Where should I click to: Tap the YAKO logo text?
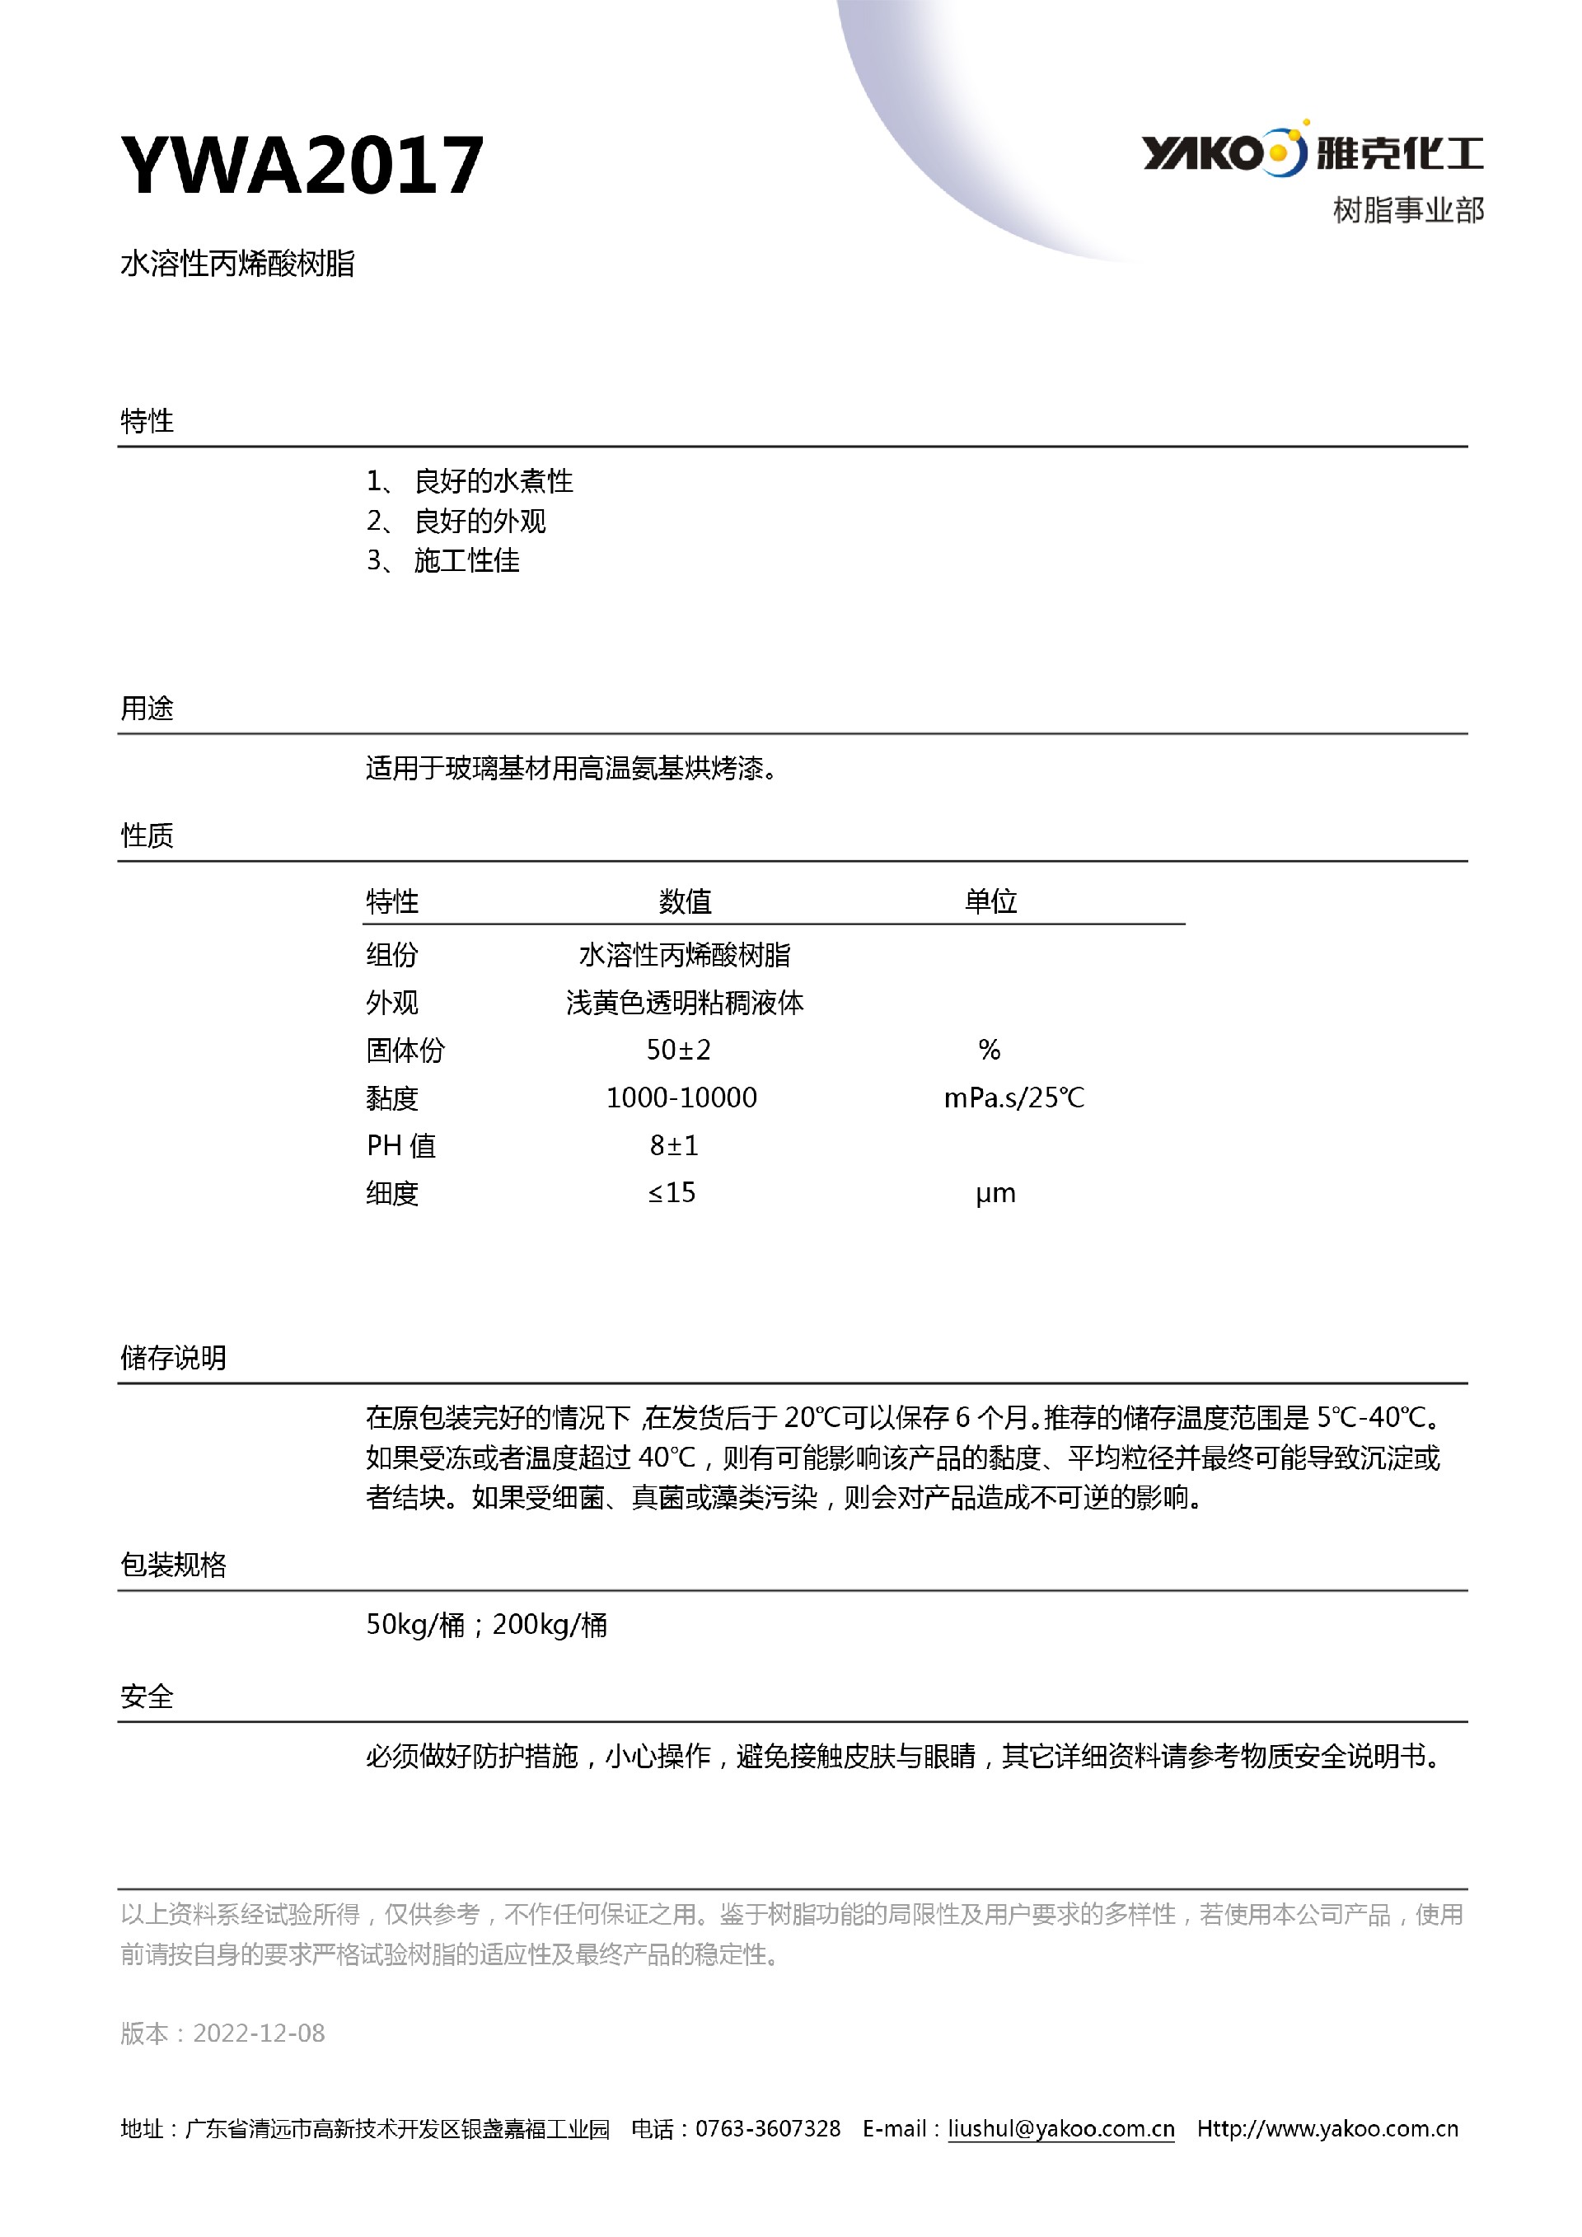(x=1202, y=153)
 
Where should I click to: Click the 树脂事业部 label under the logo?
(x=1407, y=209)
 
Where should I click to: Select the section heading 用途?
(x=147, y=709)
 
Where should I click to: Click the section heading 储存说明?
(x=173, y=1357)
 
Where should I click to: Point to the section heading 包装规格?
(x=173, y=1565)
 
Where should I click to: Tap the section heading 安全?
(x=147, y=1696)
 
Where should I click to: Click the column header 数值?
(x=685, y=901)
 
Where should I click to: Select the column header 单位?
(x=990, y=901)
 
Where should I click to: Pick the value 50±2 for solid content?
(x=679, y=1050)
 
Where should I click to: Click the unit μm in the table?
(x=995, y=1194)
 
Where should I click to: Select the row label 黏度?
(x=392, y=1098)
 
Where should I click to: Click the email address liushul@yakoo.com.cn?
(x=1060, y=2129)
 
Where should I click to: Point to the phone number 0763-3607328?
(x=768, y=2129)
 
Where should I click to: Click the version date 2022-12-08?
(x=259, y=2033)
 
